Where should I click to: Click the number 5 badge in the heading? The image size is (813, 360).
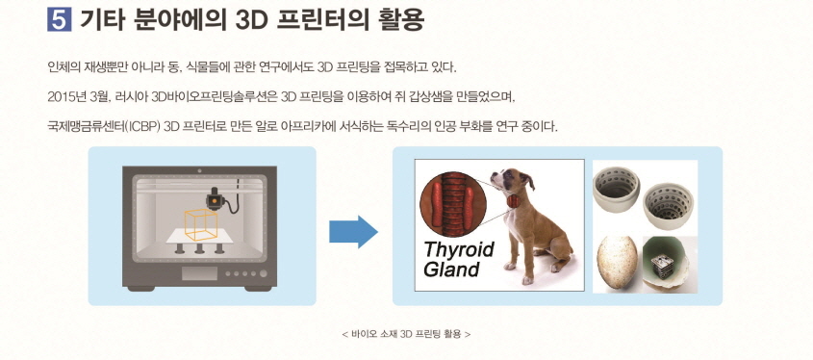click(x=56, y=18)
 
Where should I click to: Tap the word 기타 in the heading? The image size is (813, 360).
click(x=97, y=18)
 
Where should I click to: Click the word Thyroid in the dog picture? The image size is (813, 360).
click(x=458, y=249)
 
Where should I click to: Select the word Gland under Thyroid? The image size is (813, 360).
click(x=451, y=270)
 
